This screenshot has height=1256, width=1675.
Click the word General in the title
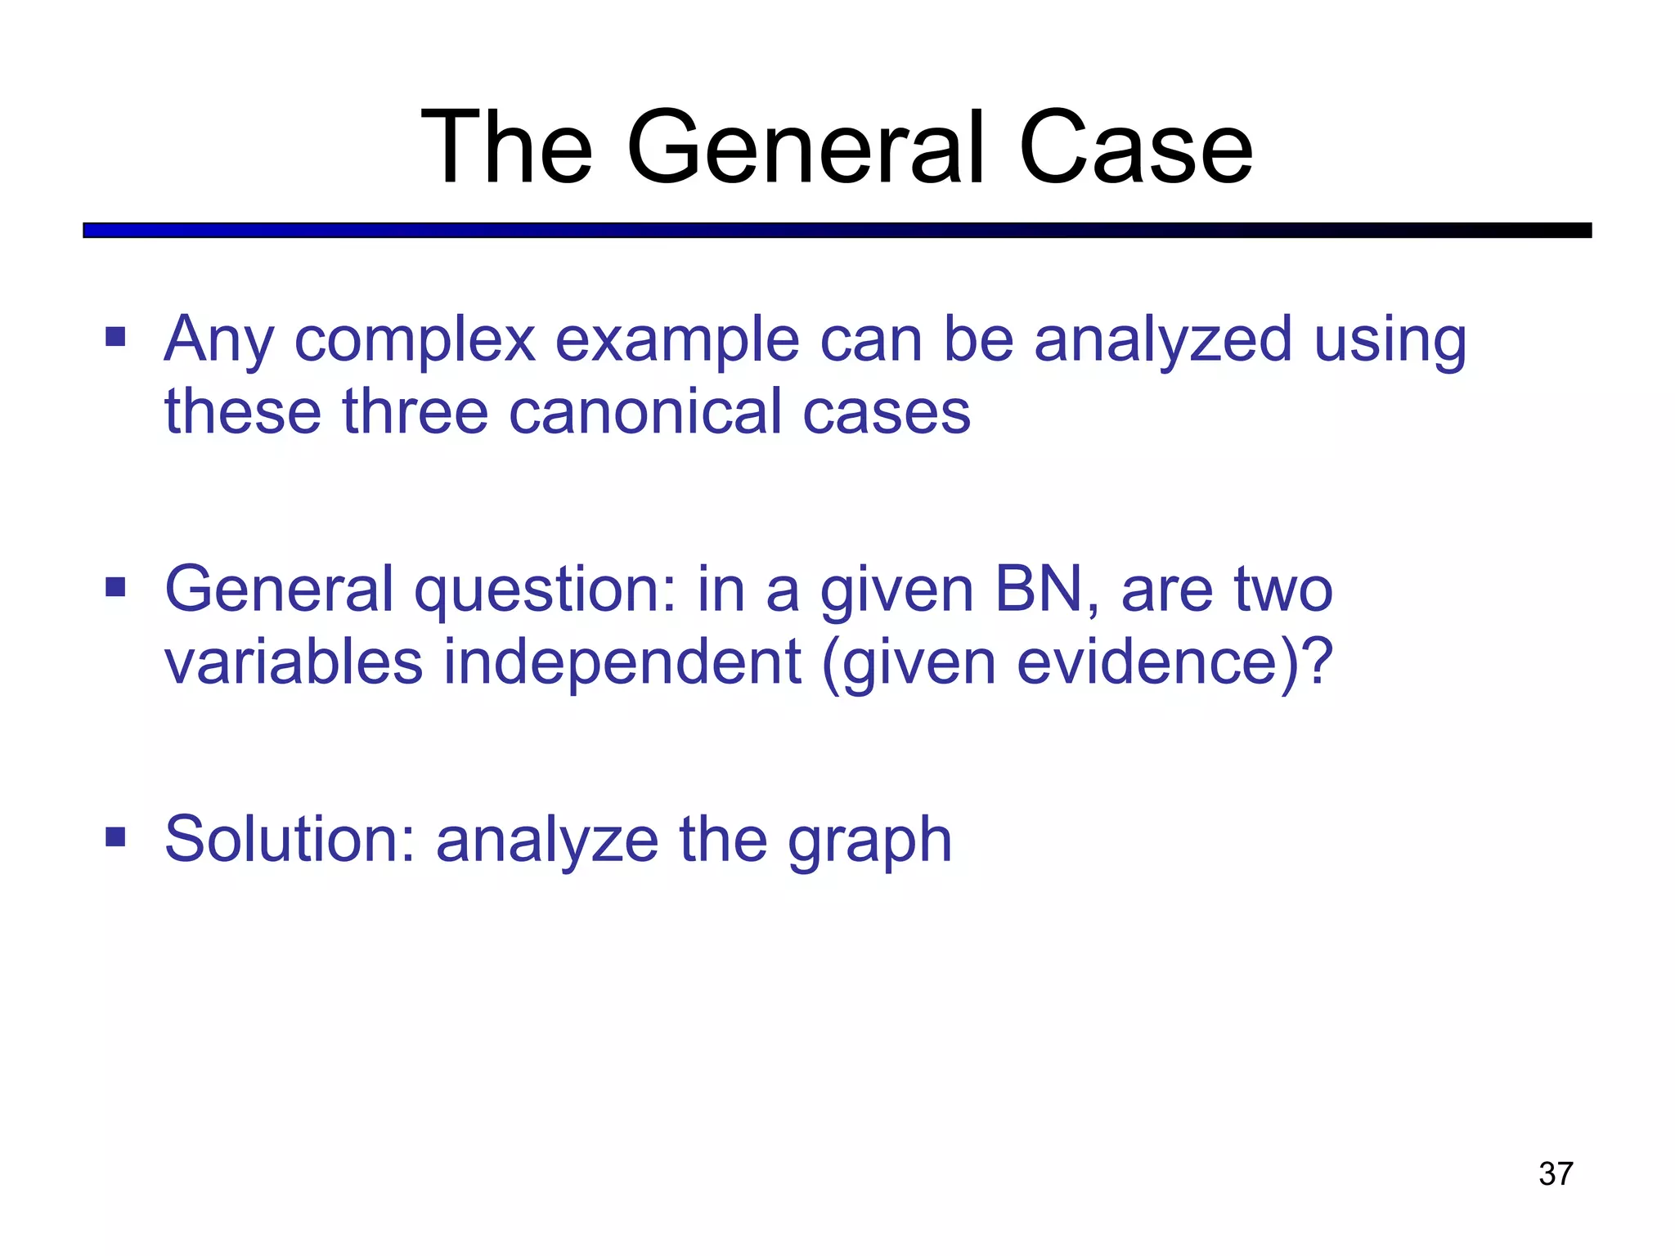coord(806,149)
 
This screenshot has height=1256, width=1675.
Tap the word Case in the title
coord(1135,149)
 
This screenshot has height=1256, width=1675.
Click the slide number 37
coord(1556,1173)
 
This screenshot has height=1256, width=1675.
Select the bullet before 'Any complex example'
coord(115,337)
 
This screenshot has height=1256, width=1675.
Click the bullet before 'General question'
coord(115,587)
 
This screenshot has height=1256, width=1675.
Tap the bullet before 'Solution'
coord(115,837)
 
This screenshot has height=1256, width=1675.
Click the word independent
coord(622,662)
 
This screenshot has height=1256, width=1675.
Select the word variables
coord(294,662)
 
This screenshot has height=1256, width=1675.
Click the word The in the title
coord(506,149)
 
